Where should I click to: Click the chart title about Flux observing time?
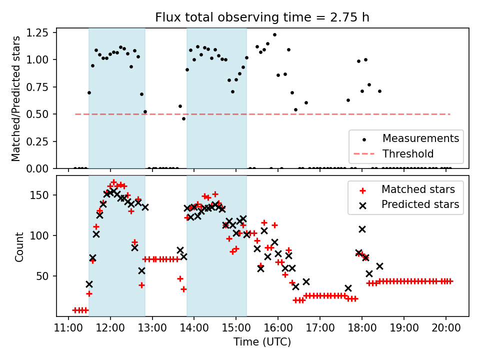(x=262, y=17)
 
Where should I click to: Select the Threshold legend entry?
(x=408, y=153)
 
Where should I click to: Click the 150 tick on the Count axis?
(x=43, y=195)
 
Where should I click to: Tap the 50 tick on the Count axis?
(x=45, y=276)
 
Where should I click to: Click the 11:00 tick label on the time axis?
(x=68, y=328)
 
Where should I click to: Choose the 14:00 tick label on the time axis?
(x=194, y=328)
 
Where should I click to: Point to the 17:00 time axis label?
(x=320, y=328)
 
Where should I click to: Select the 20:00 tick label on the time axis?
(x=446, y=328)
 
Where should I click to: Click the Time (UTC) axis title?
(x=262, y=342)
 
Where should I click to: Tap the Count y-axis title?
(x=19, y=246)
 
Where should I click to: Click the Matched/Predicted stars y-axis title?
(x=16, y=98)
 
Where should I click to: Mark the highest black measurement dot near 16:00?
(x=274, y=35)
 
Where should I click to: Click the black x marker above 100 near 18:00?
(x=362, y=229)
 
